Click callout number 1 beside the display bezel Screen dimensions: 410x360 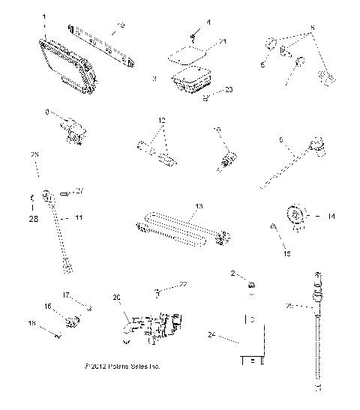(x=44, y=16)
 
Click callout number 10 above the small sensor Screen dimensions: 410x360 (x=218, y=131)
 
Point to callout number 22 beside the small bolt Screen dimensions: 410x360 (x=181, y=284)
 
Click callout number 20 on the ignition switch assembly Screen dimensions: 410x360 (x=115, y=297)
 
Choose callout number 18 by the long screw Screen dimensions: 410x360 (x=31, y=324)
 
